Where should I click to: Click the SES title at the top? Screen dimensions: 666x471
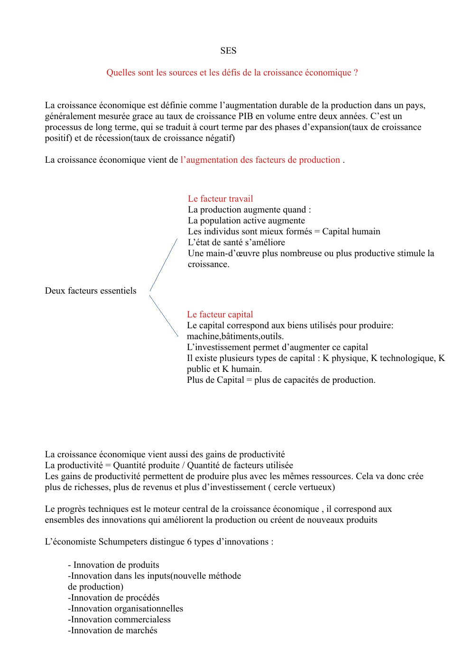228,51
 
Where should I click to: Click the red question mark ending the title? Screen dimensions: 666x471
356,73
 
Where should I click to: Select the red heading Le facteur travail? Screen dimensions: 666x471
220,199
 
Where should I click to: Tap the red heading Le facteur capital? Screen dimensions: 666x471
220,314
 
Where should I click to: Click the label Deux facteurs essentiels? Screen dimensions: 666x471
91,291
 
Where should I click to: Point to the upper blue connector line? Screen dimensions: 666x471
164,265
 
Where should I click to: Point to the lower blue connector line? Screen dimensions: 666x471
164,315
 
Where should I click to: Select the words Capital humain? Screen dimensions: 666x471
351,231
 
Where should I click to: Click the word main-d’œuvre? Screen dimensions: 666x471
232,253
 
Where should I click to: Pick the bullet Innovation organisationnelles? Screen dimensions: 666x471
126,609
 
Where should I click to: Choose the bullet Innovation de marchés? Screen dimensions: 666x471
113,630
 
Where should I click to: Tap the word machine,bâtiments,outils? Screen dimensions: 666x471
235,336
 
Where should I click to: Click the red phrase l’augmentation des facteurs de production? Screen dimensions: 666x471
260,160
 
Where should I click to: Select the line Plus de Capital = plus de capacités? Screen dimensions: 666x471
281,380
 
